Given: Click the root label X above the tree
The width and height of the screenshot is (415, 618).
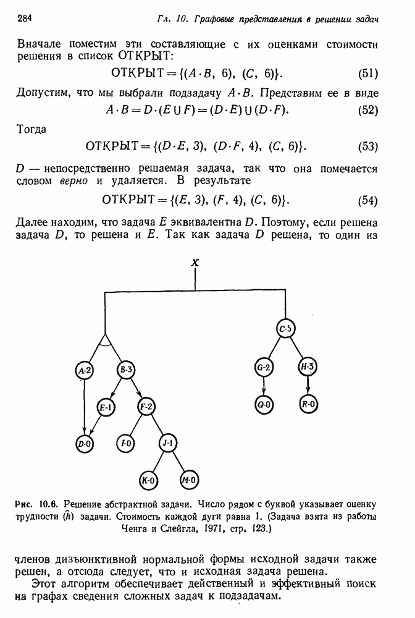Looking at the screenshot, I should (x=195, y=263).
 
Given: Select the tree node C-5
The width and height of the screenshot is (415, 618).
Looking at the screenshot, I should (x=285, y=329).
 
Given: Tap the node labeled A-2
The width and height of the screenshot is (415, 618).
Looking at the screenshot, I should (x=84, y=370).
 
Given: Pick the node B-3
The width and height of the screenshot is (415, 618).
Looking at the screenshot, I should (x=127, y=370).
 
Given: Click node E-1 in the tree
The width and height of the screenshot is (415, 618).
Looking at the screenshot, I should (x=106, y=407).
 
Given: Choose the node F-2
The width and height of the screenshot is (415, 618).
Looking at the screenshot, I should (x=147, y=407).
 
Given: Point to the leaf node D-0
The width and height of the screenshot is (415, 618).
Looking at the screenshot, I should (x=84, y=443).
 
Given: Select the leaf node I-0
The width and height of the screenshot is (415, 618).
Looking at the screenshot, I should (x=126, y=443).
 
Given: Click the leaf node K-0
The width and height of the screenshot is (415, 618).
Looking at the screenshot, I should (x=147, y=480).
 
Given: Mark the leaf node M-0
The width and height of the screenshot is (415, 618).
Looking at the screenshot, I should (x=188, y=480).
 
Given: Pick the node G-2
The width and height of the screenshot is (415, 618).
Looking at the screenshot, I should (x=264, y=368).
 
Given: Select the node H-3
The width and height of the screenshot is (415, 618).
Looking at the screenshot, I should (x=307, y=368).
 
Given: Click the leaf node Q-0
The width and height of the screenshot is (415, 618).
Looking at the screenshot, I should (x=264, y=405).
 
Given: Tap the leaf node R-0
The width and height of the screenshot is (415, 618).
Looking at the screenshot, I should (x=307, y=405).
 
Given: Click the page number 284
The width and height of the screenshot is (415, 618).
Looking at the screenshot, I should (x=25, y=18).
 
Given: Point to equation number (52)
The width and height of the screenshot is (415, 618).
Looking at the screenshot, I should (x=368, y=110).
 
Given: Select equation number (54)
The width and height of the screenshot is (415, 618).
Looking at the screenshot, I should (x=368, y=200).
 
